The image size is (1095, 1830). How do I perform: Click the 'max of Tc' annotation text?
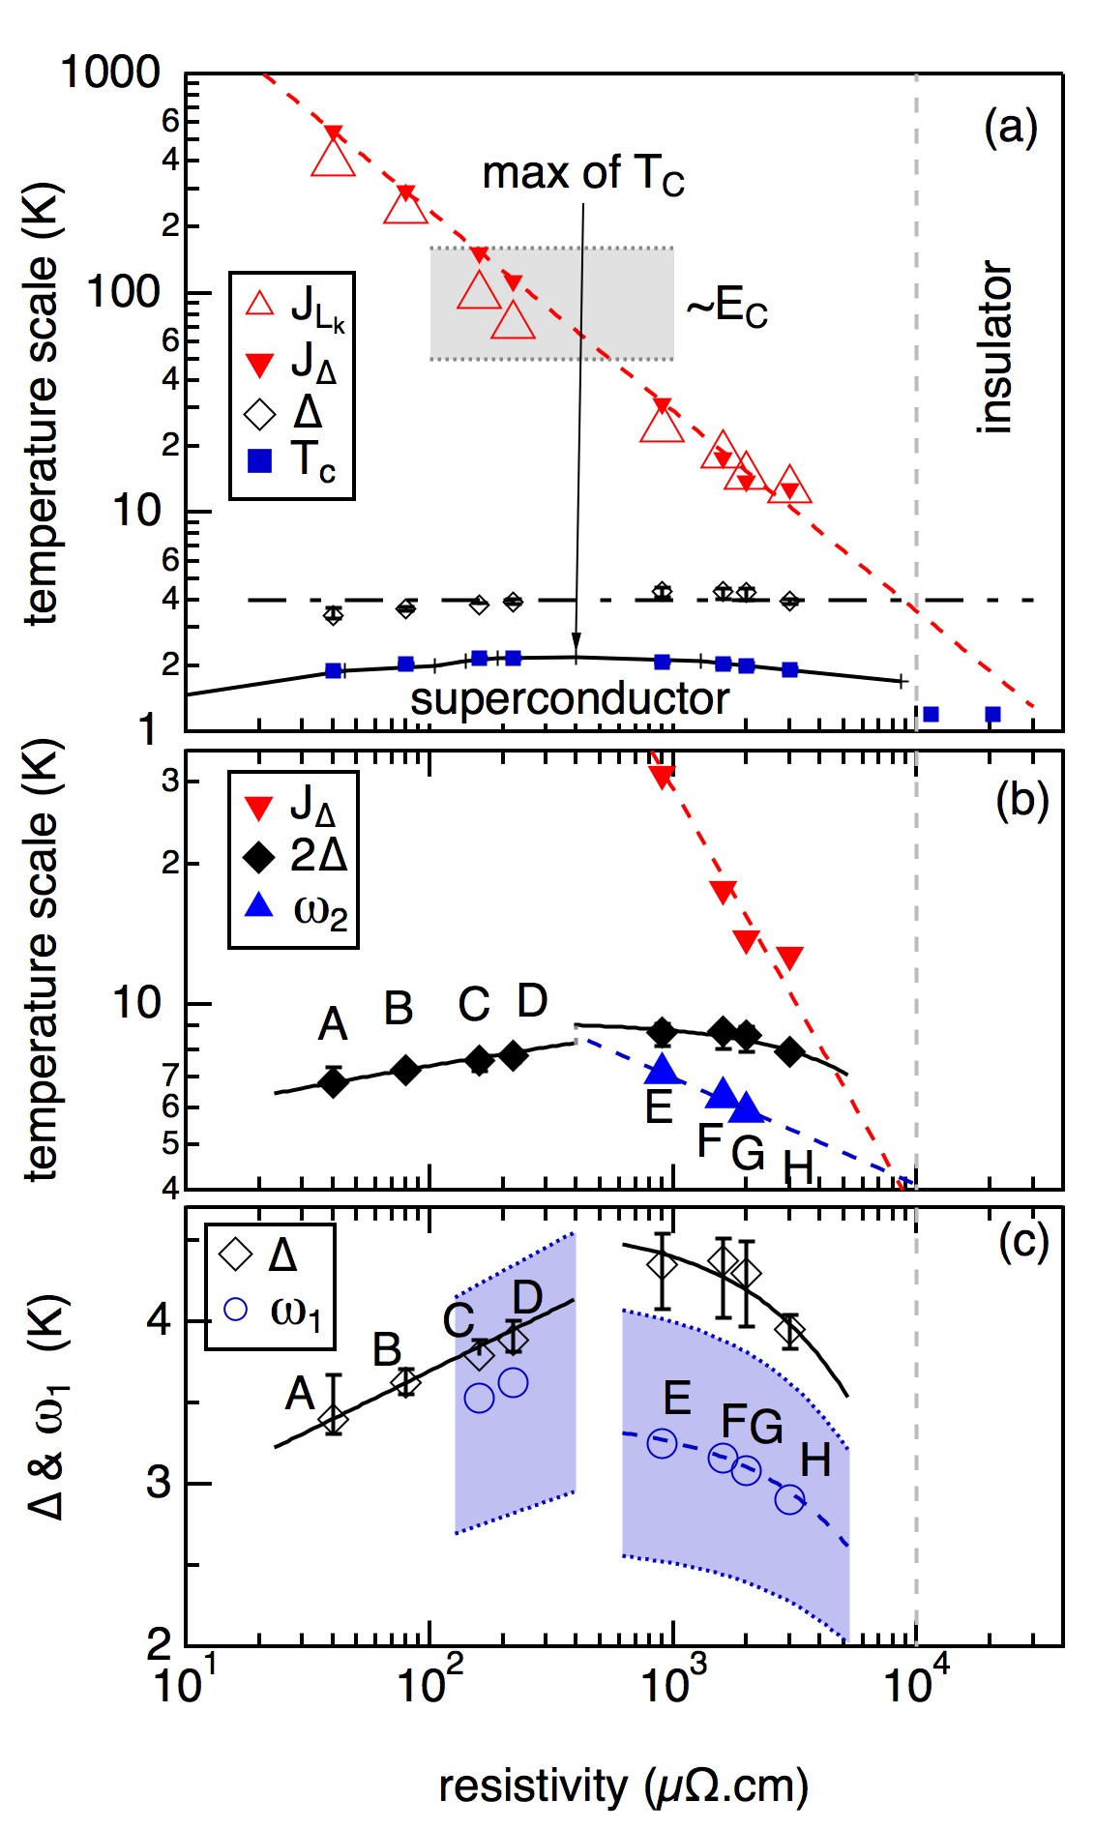point(582,175)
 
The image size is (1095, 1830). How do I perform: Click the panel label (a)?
point(1010,127)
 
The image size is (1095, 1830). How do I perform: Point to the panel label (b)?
point(1021,801)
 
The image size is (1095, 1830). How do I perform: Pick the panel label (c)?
point(1022,1241)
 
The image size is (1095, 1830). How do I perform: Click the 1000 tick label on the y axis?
point(110,74)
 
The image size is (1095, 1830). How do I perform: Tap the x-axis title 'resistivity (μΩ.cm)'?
point(623,1786)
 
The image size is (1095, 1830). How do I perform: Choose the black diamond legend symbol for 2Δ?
point(259,856)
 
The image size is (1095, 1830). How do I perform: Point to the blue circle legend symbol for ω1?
point(235,1310)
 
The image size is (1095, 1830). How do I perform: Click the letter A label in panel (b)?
point(332,1024)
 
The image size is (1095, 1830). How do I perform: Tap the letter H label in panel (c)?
point(815,1461)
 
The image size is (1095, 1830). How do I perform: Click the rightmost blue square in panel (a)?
point(992,715)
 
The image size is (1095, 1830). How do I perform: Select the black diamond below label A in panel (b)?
point(334,1082)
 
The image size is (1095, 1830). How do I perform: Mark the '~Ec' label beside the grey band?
point(726,309)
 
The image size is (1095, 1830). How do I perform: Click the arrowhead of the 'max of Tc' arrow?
point(577,646)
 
